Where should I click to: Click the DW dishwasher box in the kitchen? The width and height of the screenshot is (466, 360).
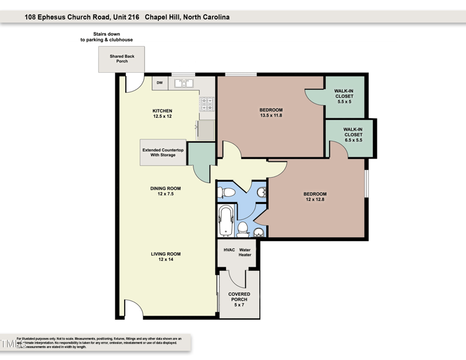[x=160, y=83]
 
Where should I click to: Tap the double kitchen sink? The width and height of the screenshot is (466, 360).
[x=184, y=83]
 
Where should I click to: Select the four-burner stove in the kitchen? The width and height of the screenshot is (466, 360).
[x=207, y=104]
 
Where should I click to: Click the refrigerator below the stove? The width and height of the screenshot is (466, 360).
[x=205, y=129]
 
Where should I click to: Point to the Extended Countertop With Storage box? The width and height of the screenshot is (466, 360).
[x=163, y=153]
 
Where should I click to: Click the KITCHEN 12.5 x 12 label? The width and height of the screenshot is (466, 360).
[x=163, y=114]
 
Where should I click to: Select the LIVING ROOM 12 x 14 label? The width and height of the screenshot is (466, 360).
[x=166, y=256]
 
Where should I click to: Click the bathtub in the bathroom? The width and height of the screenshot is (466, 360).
[x=225, y=221]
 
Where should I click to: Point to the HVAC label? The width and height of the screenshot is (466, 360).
[x=229, y=250]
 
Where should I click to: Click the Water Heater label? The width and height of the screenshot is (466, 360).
[x=245, y=252]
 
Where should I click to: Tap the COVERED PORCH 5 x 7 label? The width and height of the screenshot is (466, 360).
[x=239, y=299]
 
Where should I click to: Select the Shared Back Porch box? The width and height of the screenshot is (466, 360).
[x=122, y=59]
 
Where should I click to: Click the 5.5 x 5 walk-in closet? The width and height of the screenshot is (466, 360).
[x=344, y=96]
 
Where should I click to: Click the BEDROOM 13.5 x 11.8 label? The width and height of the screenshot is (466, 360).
[x=271, y=112]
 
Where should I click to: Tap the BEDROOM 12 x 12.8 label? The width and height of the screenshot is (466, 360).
[x=315, y=197]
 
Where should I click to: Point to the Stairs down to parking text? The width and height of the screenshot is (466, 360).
[x=107, y=37]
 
